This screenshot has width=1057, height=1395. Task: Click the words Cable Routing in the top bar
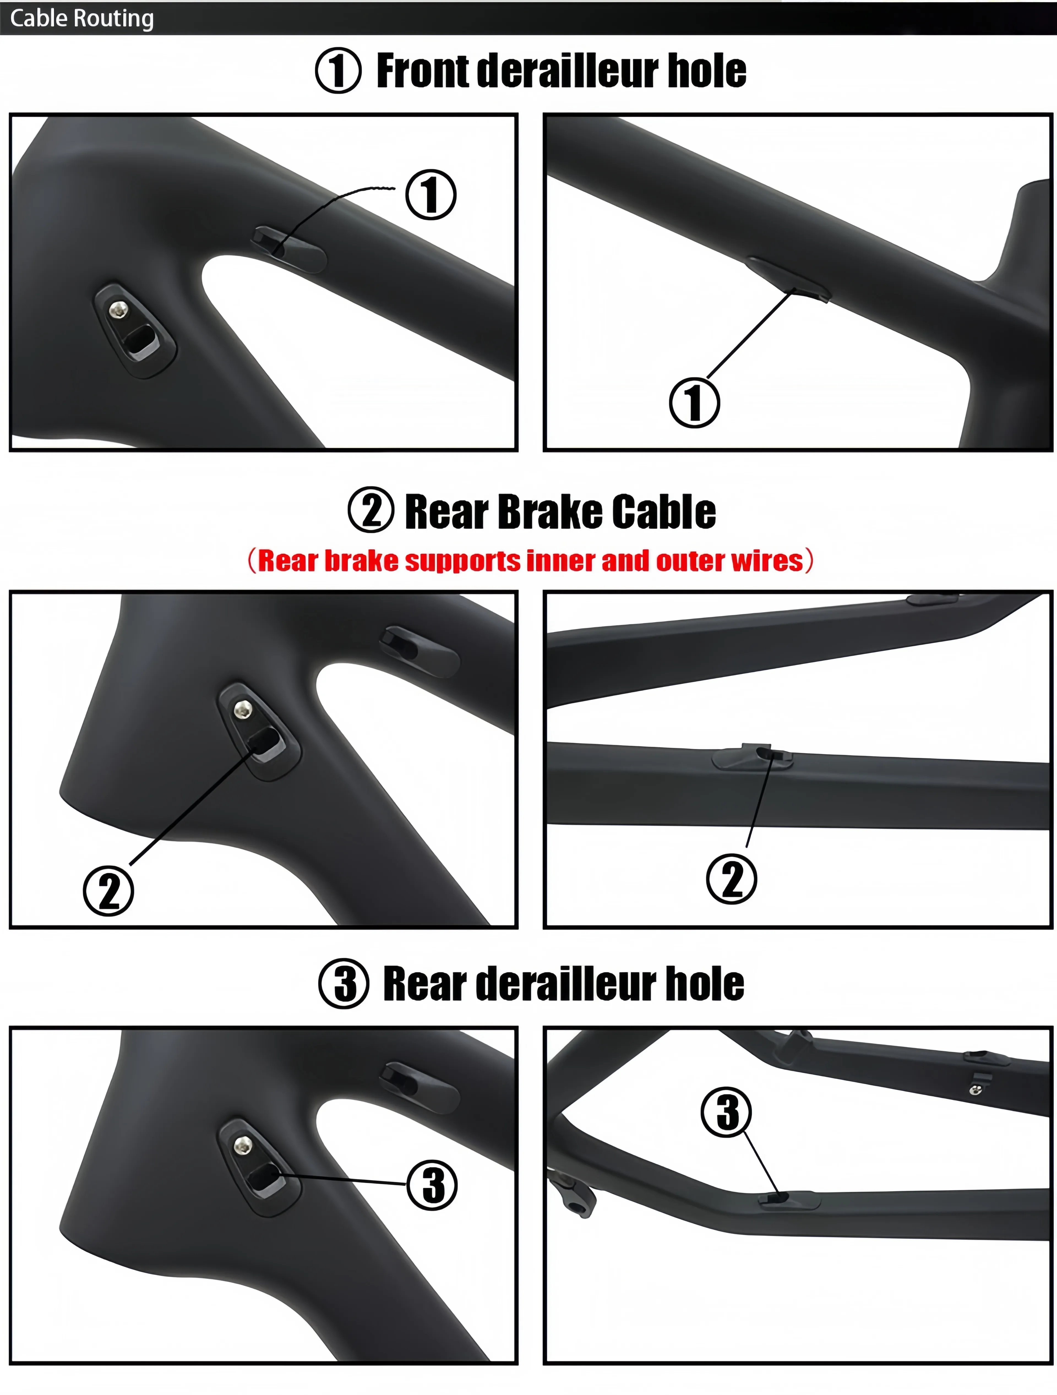(x=82, y=18)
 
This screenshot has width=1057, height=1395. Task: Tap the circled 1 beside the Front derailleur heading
(x=338, y=71)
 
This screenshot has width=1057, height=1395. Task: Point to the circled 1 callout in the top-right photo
(x=694, y=402)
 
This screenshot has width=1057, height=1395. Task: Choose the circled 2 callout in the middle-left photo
(x=108, y=890)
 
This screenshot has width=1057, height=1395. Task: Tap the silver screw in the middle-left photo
(x=242, y=710)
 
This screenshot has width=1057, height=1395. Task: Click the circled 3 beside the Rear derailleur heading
(x=344, y=984)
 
